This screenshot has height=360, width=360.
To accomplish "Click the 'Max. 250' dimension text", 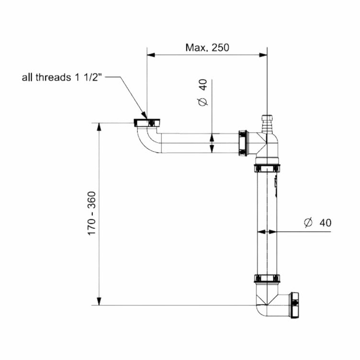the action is (207, 47).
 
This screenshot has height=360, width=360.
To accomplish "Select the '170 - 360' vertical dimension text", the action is (92, 214).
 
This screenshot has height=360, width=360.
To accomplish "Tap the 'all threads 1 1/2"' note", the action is (62, 78).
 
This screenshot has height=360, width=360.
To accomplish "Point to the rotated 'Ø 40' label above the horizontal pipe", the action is (202, 92).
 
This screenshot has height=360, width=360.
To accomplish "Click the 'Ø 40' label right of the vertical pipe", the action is (317, 223).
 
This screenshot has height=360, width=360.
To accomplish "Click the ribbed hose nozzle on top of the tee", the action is (267, 124).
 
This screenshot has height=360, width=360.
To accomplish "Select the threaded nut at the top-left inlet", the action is (146, 123).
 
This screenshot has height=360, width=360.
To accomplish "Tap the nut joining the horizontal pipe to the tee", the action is (243, 143).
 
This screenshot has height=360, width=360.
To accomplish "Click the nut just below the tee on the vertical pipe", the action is (267, 169).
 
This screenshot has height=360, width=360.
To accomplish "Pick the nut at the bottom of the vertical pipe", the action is (267, 278).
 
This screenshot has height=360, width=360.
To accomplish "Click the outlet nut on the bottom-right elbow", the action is (294, 305).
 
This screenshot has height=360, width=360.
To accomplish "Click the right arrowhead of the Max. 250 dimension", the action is (263, 55).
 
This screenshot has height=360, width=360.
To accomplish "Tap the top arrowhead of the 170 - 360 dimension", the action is (99, 127).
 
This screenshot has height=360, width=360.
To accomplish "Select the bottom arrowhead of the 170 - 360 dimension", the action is (99, 301).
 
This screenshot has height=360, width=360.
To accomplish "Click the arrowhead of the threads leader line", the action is (144, 115).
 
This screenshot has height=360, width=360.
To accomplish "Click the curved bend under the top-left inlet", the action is (147, 141).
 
